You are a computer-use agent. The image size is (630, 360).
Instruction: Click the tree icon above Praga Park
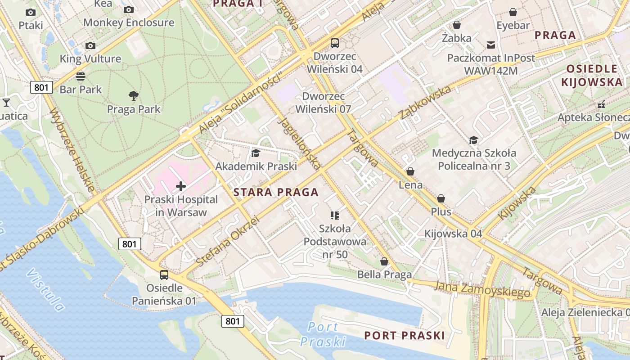click(133, 95)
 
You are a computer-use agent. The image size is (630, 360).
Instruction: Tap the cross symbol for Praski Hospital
click(181, 186)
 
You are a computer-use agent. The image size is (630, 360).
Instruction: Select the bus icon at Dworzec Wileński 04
click(335, 43)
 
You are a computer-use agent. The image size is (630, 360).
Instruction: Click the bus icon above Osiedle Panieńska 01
click(164, 274)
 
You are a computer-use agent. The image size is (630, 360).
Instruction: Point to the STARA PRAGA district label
click(276, 193)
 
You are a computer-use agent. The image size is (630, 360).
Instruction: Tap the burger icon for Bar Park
click(81, 76)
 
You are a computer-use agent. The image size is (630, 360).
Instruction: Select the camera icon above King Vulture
click(90, 45)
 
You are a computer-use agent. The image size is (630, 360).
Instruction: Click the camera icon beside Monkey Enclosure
click(129, 9)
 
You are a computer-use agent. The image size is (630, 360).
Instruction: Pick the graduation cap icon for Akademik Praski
click(256, 153)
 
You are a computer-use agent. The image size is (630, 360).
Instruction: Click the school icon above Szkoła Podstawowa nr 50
click(334, 215)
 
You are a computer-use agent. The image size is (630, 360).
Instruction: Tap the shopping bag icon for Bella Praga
click(384, 261)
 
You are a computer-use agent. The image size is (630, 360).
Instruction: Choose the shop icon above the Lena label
click(410, 171)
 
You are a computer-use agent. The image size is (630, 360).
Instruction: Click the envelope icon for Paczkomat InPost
click(491, 45)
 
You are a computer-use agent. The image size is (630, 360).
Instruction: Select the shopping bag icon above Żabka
click(457, 25)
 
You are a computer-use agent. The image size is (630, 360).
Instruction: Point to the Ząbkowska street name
click(425, 103)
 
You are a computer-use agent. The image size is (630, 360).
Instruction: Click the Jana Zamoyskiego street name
click(482, 289)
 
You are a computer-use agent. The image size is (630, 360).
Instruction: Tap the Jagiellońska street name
click(299, 144)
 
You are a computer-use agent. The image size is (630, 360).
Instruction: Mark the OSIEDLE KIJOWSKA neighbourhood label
click(592, 75)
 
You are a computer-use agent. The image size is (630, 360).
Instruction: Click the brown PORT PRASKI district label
click(404, 335)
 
